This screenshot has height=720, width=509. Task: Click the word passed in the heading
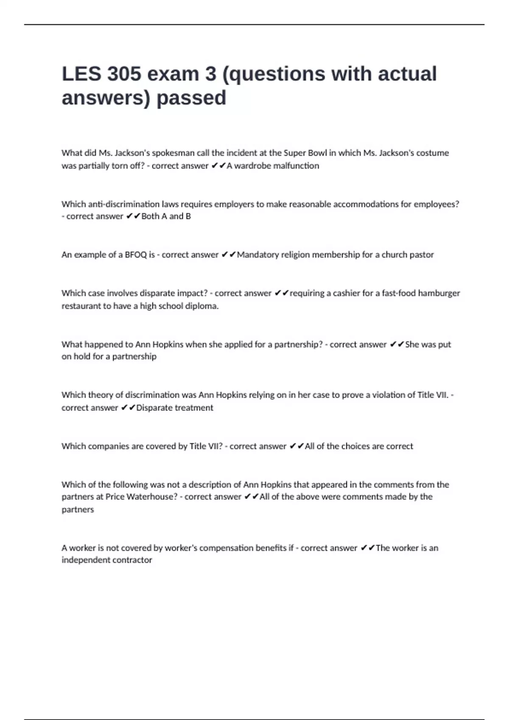pyautogui.click(x=191, y=98)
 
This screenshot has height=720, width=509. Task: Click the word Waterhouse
pyautogui.click(x=152, y=496)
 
